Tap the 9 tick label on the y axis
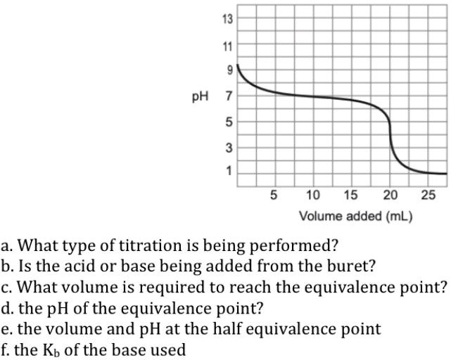pos(228,69)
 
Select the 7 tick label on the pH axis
pos(228,95)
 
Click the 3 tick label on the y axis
pos(228,147)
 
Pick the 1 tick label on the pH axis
pos(228,172)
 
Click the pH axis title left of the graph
pos(202,95)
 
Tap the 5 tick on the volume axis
pos(274,195)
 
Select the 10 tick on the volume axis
pos(313,195)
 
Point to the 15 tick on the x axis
pos(352,195)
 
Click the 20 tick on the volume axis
pos(390,195)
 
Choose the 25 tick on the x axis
pos(428,195)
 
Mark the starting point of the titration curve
pos(238,65)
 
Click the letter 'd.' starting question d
pos(8,308)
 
